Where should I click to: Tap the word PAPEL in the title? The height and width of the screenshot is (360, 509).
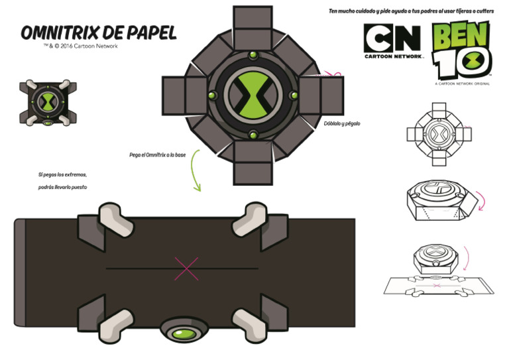click(x=153, y=33)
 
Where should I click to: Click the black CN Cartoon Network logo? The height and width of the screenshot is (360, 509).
click(x=393, y=41)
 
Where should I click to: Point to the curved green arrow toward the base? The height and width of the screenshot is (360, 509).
click(x=194, y=171)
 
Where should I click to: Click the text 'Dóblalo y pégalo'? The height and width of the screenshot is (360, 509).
click(x=342, y=123)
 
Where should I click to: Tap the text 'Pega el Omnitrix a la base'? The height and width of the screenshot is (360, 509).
click(x=157, y=155)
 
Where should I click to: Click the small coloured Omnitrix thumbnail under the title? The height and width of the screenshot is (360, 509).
click(x=48, y=103)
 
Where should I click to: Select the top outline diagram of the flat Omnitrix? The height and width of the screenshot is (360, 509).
click(x=439, y=135)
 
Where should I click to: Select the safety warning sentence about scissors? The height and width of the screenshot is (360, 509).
click(x=412, y=11)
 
